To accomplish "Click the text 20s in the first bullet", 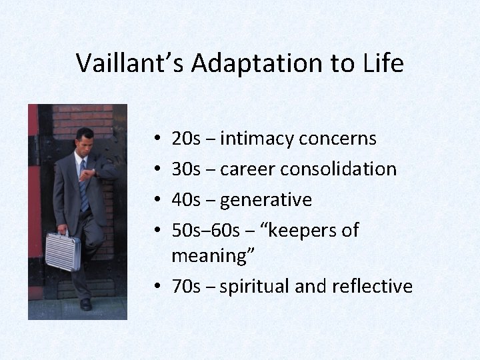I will (x=185, y=139).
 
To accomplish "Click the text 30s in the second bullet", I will (x=185, y=169).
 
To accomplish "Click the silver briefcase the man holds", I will (x=63, y=251).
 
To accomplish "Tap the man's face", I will (x=85, y=141).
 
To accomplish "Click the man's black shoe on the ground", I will (x=85, y=304).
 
